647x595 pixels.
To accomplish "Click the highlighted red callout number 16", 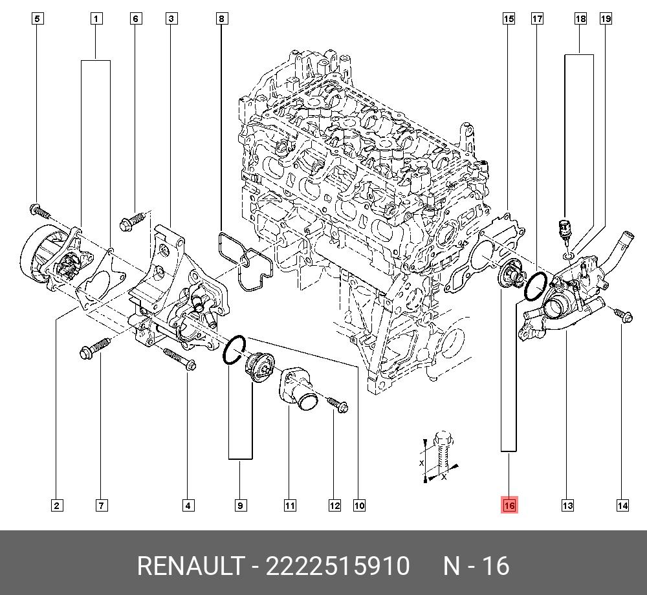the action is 509,505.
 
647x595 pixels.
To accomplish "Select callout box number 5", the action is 37,19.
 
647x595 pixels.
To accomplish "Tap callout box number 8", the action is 221,19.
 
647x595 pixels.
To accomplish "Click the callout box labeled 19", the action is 606,19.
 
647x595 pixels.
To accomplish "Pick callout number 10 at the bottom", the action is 359,505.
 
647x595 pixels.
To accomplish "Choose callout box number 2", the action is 57,505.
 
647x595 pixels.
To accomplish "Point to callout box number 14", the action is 622,505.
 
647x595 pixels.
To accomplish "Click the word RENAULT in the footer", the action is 190,566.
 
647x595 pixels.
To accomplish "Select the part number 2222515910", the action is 338,566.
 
